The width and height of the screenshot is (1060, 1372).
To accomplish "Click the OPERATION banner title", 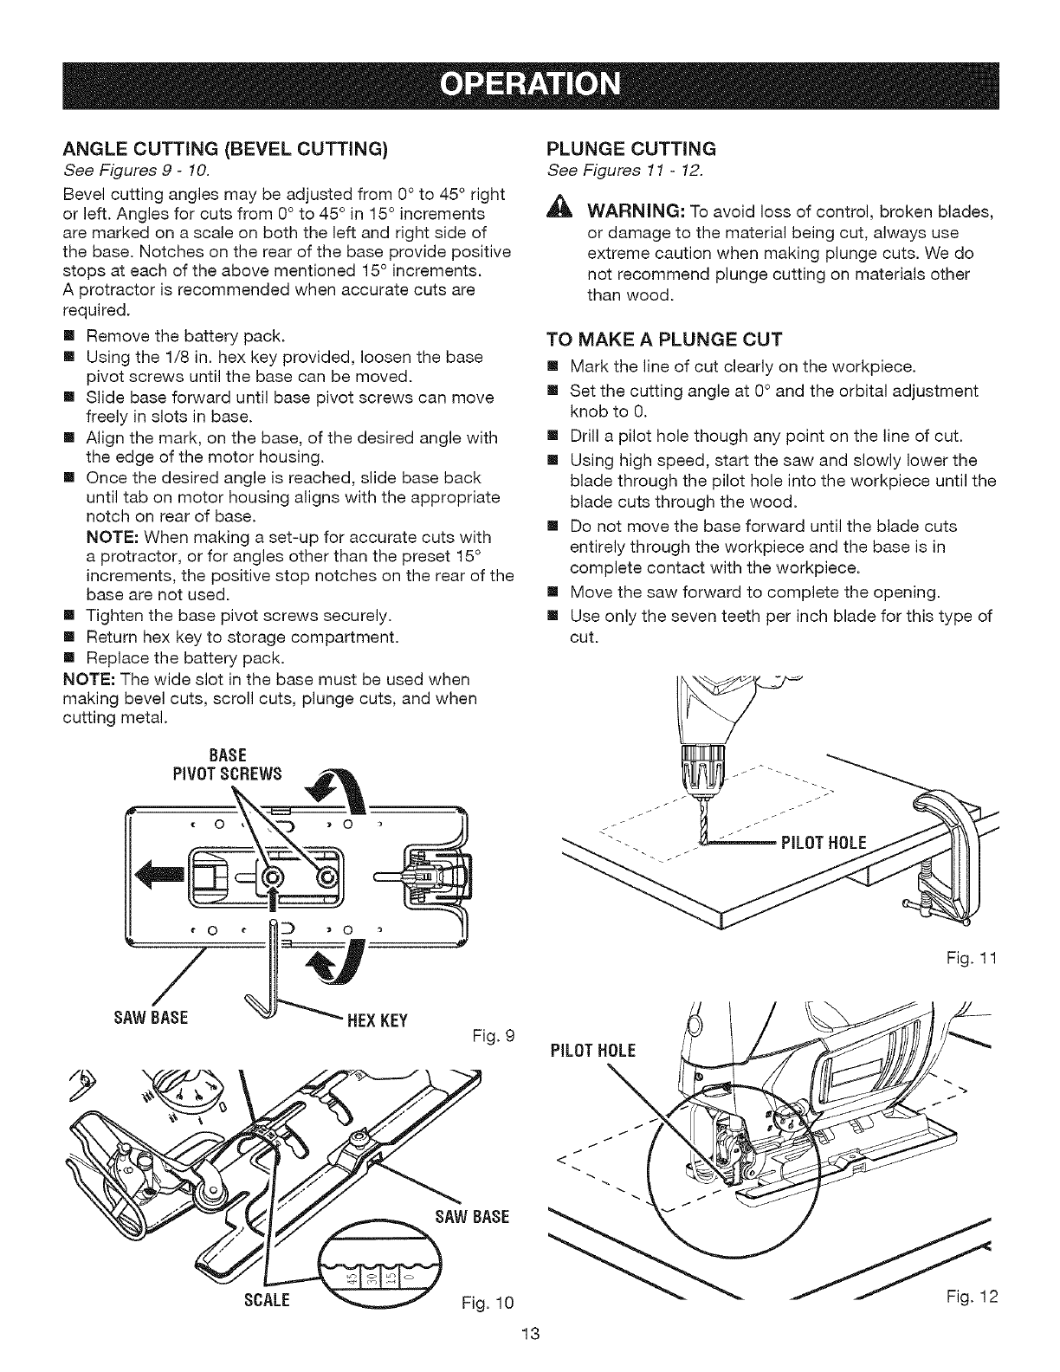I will point(530,86).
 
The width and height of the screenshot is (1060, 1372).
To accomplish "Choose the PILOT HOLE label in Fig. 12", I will point(592,1052).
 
